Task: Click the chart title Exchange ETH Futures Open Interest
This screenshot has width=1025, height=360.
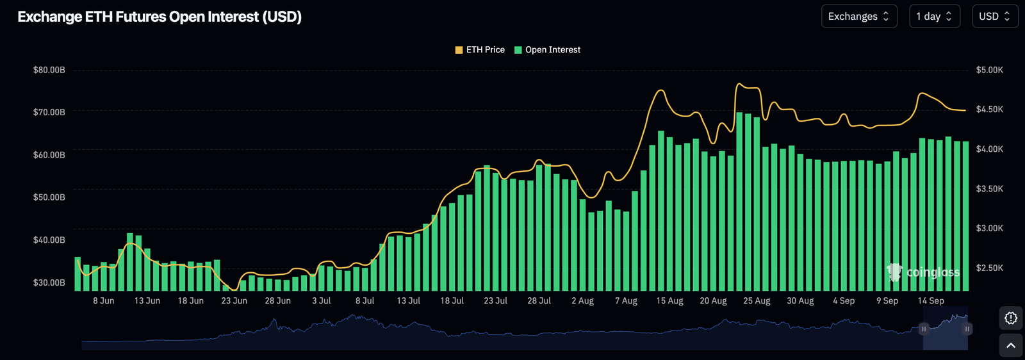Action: tap(160, 17)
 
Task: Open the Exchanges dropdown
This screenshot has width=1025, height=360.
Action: tap(858, 17)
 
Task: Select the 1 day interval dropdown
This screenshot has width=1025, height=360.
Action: tap(934, 17)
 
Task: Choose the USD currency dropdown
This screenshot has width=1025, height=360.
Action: tap(994, 17)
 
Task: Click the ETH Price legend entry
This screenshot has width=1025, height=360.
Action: tap(480, 50)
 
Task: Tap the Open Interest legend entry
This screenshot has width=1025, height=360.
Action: tap(548, 50)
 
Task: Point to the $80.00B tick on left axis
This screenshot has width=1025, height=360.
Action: tap(49, 70)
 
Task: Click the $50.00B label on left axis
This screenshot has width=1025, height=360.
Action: tap(49, 197)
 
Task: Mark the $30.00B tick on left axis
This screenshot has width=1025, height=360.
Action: tap(49, 282)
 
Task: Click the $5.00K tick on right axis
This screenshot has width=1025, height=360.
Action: tap(989, 70)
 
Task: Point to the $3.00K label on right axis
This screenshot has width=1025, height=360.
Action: tap(989, 228)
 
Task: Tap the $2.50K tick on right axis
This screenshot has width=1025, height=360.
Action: tap(989, 268)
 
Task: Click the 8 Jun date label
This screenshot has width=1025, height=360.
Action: tap(104, 301)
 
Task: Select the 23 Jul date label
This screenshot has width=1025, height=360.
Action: tap(495, 301)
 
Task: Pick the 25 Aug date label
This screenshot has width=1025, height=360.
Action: tap(757, 301)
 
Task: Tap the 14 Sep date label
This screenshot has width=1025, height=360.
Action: tap(931, 301)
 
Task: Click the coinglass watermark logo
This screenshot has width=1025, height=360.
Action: tap(923, 272)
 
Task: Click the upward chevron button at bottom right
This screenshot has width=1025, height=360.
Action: tap(1011, 346)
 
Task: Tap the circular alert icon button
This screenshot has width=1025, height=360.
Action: tap(1011, 318)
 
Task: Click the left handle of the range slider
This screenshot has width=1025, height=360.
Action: tap(924, 329)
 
